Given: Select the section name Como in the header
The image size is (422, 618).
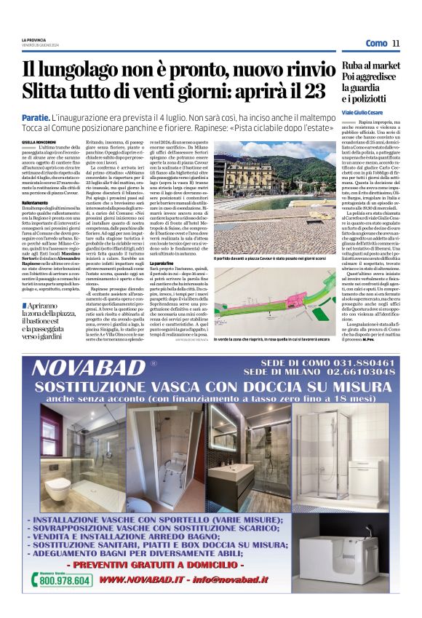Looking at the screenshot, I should [376, 43].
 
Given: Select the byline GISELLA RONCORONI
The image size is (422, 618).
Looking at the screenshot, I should [39, 143].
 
